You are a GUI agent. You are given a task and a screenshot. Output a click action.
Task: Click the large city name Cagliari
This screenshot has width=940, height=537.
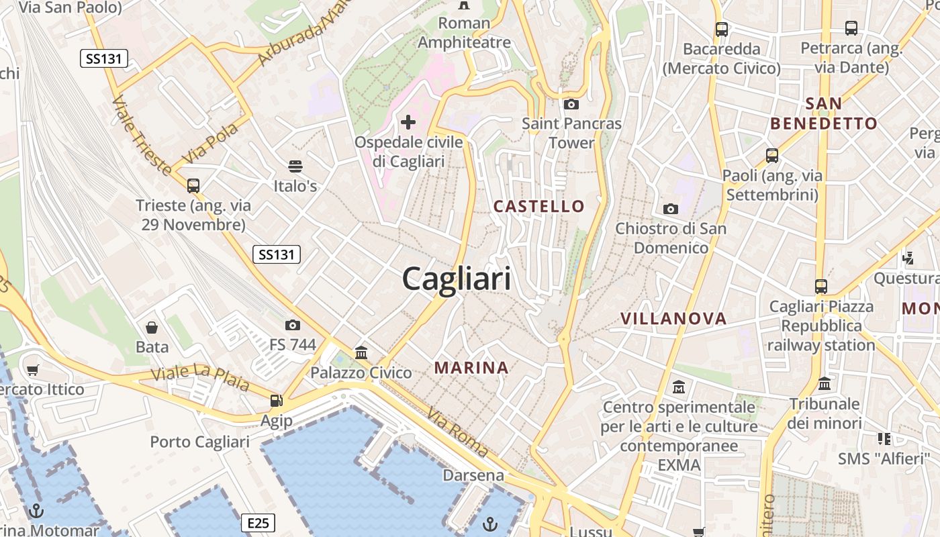[457, 279]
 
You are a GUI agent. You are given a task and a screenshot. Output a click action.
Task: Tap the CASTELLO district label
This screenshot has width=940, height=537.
[539, 206]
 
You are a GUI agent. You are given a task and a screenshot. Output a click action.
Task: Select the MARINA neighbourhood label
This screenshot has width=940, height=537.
[471, 368]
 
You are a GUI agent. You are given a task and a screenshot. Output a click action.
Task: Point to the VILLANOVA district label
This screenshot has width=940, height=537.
[673, 319]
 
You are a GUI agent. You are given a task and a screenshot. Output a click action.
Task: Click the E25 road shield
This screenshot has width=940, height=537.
[258, 523]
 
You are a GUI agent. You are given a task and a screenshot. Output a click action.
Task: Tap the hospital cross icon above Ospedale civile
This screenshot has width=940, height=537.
[408, 122]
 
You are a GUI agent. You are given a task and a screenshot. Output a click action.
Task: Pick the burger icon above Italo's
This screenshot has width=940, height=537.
[295, 166]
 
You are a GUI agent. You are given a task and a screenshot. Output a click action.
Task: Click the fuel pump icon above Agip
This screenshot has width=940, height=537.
[276, 401]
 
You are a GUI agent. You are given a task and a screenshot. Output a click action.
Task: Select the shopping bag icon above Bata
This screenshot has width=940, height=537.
[152, 328]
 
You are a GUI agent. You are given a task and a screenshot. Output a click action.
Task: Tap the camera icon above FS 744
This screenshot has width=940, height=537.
[292, 326]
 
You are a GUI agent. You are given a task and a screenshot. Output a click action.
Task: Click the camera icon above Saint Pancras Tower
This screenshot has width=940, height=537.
[571, 104]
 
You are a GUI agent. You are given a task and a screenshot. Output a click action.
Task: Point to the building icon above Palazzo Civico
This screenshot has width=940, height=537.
[361, 352]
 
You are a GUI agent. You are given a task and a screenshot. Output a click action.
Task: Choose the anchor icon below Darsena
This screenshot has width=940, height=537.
[491, 523]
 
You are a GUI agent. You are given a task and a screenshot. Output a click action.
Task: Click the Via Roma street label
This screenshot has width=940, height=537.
[457, 434]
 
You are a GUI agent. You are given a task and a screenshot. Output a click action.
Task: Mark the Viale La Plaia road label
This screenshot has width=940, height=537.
[200, 379]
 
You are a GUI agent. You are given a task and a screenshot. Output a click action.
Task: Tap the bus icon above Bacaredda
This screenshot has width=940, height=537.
[722, 30]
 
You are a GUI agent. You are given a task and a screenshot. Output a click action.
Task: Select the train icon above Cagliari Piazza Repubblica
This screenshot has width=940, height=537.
[821, 287]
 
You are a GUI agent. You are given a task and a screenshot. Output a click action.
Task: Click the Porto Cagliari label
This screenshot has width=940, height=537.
[199, 442]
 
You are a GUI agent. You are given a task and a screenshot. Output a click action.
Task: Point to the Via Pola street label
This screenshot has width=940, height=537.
[210, 143]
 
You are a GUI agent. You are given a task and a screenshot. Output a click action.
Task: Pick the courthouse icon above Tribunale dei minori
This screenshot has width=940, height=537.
[825, 384]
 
